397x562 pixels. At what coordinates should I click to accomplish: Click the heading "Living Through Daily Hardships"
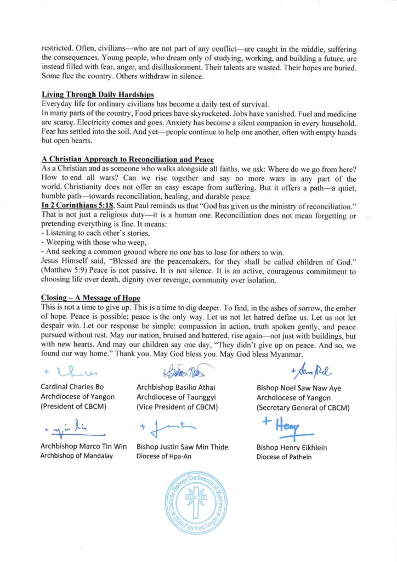pyautogui.click(x=98, y=95)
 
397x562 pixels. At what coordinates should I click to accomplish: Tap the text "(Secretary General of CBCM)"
pyautogui.click(x=303, y=408)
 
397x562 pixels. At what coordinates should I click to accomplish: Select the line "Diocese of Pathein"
pyautogui.click(x=283, y=457)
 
